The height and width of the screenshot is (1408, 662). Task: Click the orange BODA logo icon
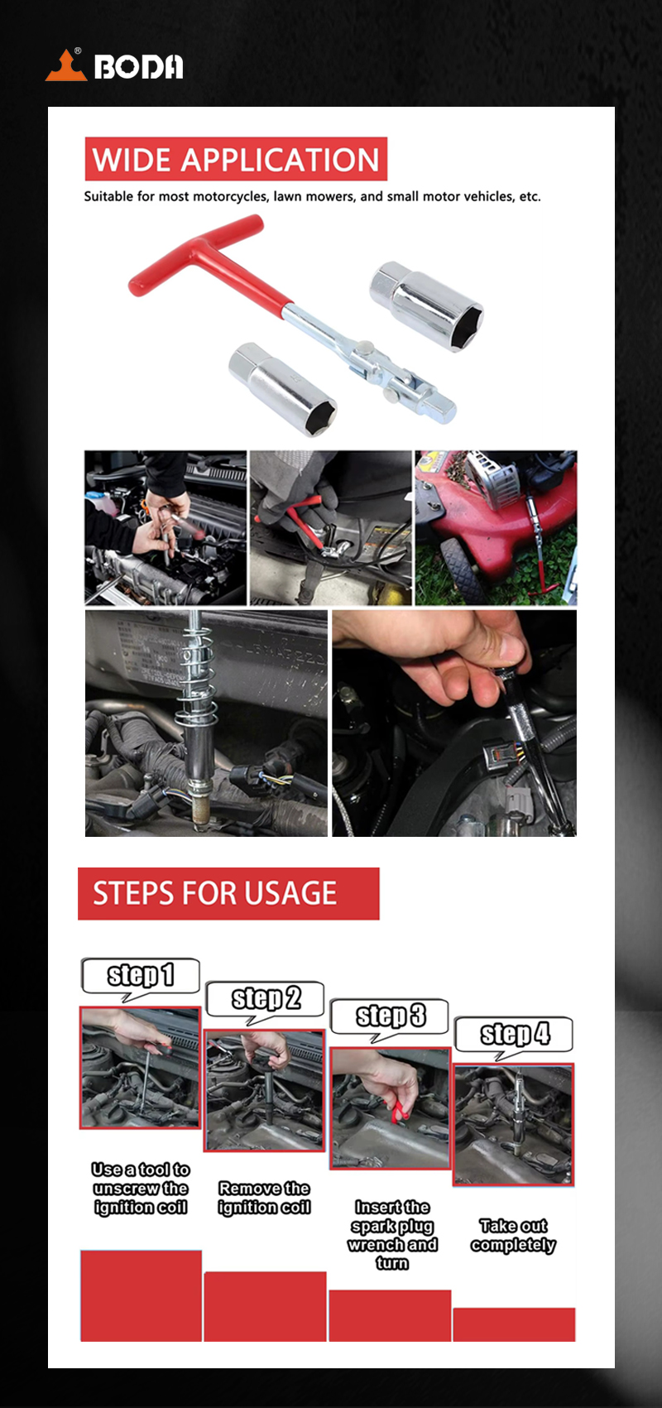tap(66, 66)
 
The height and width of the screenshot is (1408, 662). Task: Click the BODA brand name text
tap(139, 66)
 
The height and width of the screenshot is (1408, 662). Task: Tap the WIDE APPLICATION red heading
tap(236, 159)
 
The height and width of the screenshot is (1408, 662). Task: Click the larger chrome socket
tap(426, 306)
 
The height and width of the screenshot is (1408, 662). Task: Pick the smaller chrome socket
tap(282, 388)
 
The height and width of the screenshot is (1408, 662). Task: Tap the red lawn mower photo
tap(496, 527)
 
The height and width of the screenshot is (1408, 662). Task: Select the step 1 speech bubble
tap(141, 976)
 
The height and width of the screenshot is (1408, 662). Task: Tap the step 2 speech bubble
tap(265, 999)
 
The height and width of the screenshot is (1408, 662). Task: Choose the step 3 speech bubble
tap(389, 1016)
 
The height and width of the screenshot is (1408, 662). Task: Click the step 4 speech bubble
tap(514, 1035)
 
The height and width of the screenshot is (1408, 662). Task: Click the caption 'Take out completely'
tap(513, 1235)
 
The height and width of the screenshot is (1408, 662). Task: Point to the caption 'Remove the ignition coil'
tap(264, 1198)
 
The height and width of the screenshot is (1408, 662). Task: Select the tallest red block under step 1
tap(141, 1295)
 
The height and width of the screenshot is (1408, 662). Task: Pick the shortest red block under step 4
tap(514, 1324)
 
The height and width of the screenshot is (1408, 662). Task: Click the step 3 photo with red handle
tap(391, 1108)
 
